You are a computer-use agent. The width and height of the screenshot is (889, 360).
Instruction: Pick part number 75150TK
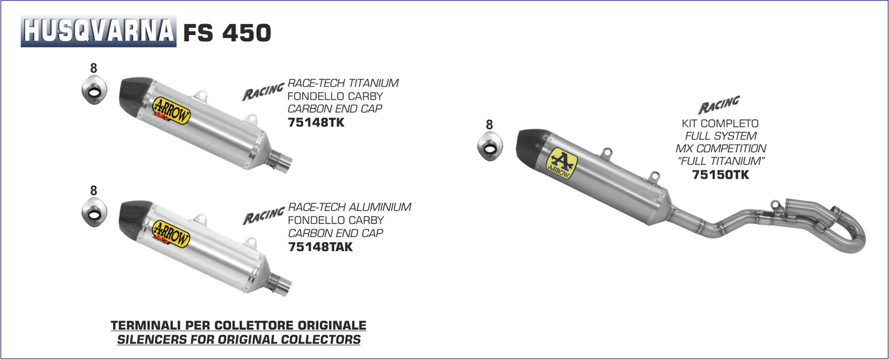pyautogui.click(x=720, y=175)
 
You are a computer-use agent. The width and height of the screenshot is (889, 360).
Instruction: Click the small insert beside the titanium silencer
pyautogui.click(x=94, y=91)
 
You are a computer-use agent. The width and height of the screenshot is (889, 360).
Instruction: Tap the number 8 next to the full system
pyautogui.click(x=489, y=125)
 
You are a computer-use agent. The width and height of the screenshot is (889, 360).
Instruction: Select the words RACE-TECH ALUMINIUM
pyautogui.click(x=349, y=207)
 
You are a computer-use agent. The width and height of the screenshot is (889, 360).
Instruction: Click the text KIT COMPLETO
pyautogui.click(x=720, y=124)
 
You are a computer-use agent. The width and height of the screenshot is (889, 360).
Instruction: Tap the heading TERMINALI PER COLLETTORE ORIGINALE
pyautogui.click(x=238, y=325)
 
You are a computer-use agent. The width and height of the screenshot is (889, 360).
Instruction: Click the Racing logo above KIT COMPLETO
pyautogui.click(x=719, y=104)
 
